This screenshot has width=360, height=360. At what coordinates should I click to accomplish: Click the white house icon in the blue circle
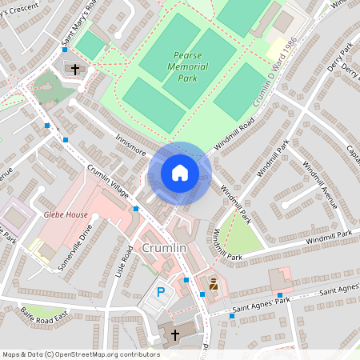(x=180, y=173)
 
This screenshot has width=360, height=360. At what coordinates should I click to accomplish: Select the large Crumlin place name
(x=164, y=249)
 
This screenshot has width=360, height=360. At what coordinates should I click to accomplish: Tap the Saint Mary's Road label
(x=78, y=26)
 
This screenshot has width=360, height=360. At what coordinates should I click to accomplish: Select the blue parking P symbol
(x=161, y=293)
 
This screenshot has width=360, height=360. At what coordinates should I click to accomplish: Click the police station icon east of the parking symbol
(x=214, y=284)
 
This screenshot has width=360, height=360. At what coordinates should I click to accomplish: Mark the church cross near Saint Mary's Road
(x=76, y=70)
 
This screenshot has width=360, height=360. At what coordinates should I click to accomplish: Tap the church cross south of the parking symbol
(x=175, y=334)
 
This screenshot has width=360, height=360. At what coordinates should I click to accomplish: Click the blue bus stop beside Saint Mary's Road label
(x=47, y=126)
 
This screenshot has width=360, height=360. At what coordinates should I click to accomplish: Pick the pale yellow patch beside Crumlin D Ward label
(x=279, y=46)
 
